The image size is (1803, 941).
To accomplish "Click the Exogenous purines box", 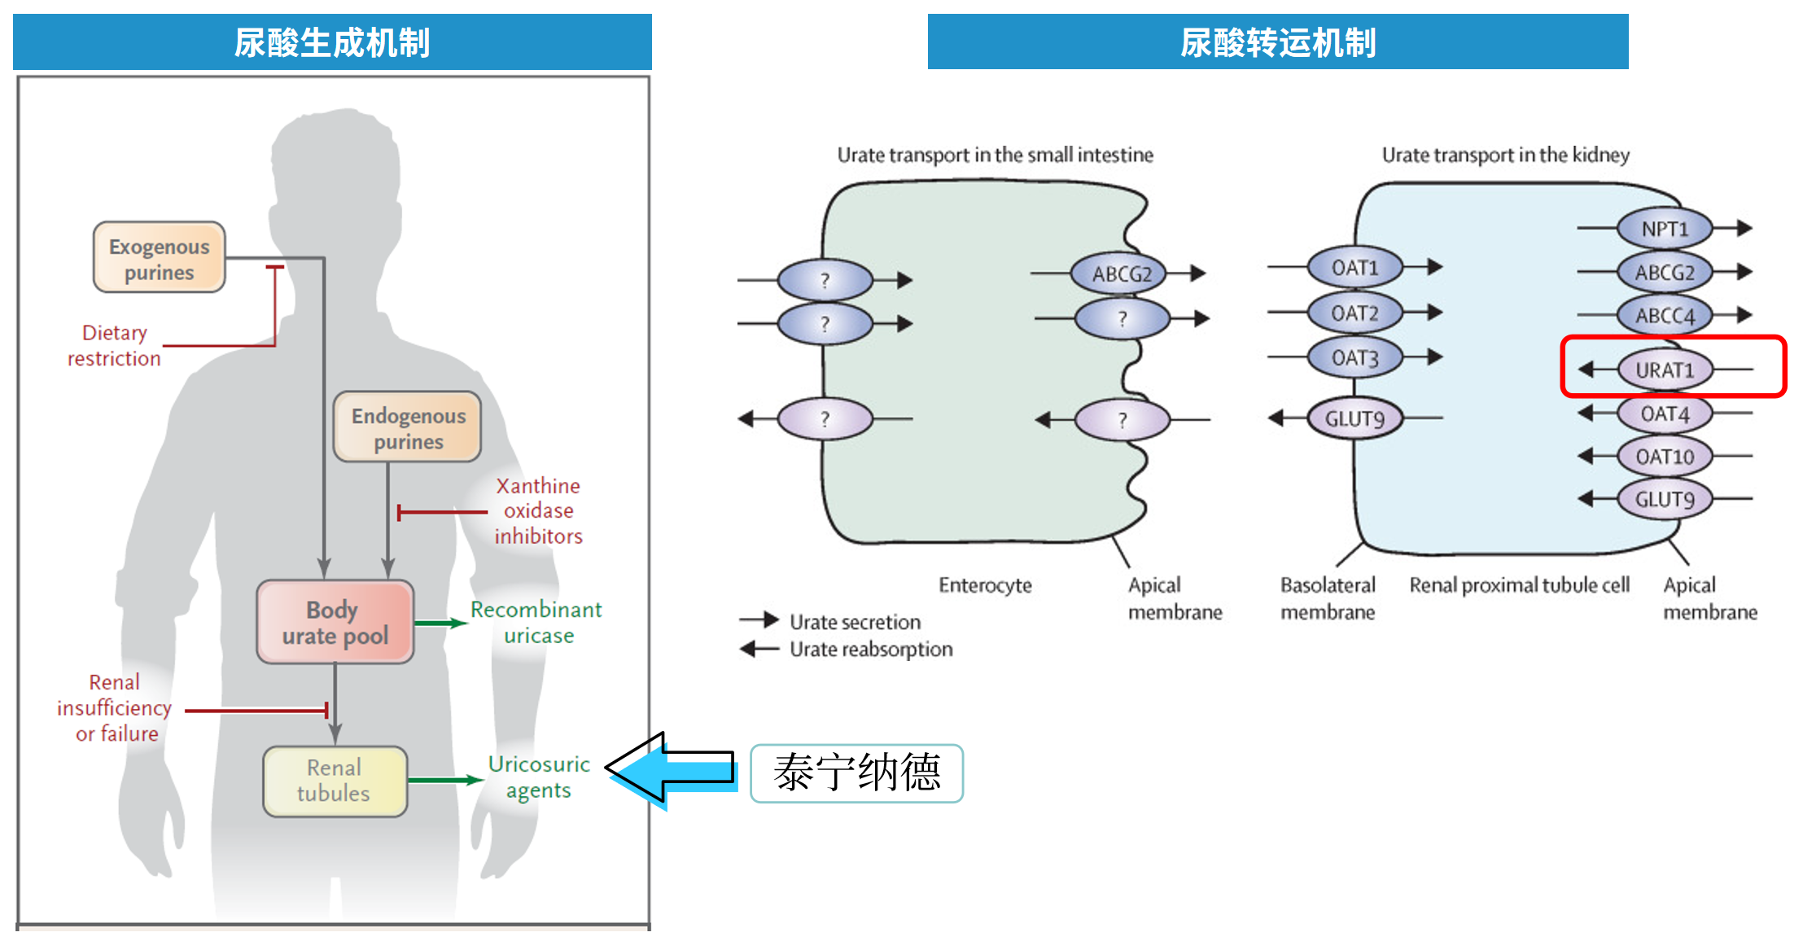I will pyautogui.click(x=159, y=257).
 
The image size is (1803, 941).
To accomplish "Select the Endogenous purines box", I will pyautogui.click(x=407, y=427).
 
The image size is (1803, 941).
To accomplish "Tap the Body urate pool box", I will pyautogui.click(x=335, y=622).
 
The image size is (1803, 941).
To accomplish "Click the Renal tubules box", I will pyautogui.click(x=335, y=781).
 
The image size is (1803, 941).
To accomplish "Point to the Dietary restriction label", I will pyautogui.click(x=114, y=345).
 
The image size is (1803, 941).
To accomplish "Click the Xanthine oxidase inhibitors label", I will pyautogui.click(x=538, y=510).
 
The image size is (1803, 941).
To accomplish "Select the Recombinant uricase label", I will pyautogui.click(x=536, y=622).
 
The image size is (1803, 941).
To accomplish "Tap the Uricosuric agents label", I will pyautogui.click(x=538, y=777).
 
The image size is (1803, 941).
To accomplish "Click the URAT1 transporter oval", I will pyautogui.click(x=1665, y=370).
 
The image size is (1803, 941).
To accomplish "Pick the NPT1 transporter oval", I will pyautogui.click(x=1665, y=229).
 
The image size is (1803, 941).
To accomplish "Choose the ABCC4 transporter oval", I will pyautogui.click(x=1665, y=315).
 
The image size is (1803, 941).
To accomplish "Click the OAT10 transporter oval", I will pyautogui.click(x=1665, y=457).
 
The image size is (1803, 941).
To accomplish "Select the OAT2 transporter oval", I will pyautogui.click(x=1354, y=313).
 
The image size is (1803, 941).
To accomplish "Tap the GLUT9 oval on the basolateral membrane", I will pyautogui.click(x=1354, y=419).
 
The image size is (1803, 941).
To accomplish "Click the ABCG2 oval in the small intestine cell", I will pyautogui.click(x=1122, y=274).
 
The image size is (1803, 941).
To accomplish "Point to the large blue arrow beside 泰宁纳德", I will pyautogui.click(x=672, y=769).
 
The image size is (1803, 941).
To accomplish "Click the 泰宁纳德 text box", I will pyautogui.click(x=856, y=772).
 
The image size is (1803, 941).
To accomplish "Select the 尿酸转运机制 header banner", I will pyautogui.click(x=1277, y=42).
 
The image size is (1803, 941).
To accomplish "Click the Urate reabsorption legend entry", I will pyautogui.click(x=870, y=649).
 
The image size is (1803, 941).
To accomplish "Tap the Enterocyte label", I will pyautogui.click(x=985, y=585).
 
